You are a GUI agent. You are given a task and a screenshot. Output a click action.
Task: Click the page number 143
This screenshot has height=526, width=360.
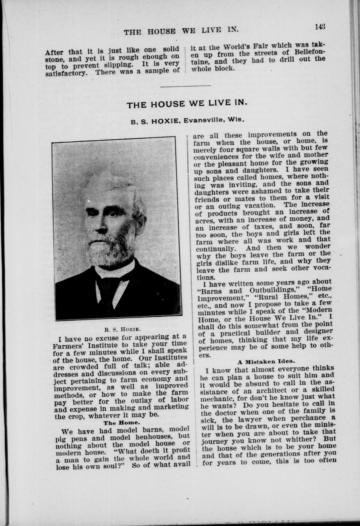[x=320, y=27]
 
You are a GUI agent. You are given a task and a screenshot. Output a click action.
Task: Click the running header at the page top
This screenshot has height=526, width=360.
[x=181, y=31]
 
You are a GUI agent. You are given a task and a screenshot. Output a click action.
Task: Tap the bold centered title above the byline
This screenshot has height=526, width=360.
[x=187, y=104]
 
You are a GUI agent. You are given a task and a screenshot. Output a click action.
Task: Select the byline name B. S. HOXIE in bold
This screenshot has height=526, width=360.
[x=155, y=122]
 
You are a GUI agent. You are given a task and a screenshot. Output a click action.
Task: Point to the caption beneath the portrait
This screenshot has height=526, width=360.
[x=118, y=328]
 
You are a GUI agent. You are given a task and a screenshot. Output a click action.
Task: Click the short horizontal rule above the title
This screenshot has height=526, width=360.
[x=188, y=85]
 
